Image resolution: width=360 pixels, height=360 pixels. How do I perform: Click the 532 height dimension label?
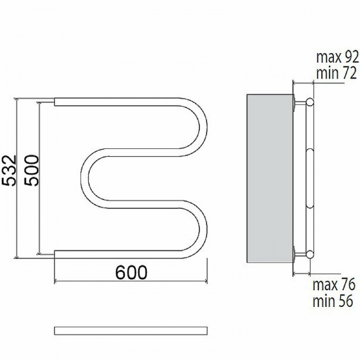click(x=9, y=171)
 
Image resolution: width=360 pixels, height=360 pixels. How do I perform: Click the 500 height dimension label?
click(x=32, y=171)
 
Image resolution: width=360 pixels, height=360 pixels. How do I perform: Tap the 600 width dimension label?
click(x=131, y=272)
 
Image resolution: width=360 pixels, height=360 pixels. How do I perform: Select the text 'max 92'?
click(x=337, y=57)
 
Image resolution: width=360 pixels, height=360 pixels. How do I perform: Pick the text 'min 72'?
click(x=336, y=73)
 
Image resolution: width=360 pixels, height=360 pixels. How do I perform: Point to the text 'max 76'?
click(x=334, y=284)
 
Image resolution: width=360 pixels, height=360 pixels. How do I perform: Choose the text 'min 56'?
click(x=333, y=301)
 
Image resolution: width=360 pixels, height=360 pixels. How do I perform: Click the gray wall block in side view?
click(x=270, y=178)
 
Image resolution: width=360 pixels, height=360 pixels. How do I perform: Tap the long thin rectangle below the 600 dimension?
click(x=131, y=331)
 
